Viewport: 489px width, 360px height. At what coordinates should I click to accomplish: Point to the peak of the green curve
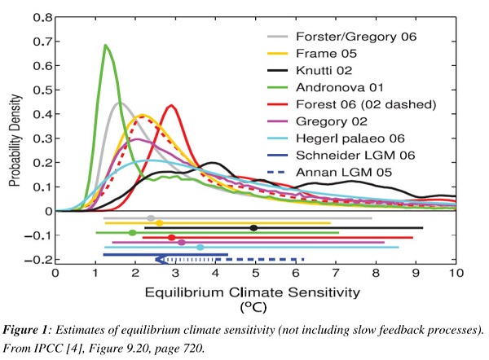click(106, 46)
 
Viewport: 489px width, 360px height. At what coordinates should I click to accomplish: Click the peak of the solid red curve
click(172, 105)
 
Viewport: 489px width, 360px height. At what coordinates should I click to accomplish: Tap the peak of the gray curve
click(121, 103)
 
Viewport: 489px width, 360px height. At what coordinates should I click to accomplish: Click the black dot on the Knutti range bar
click(253, 228)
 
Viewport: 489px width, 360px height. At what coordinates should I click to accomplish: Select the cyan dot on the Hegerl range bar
click(200, 247)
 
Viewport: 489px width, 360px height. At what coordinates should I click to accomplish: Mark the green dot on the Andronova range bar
click(132, 233)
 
